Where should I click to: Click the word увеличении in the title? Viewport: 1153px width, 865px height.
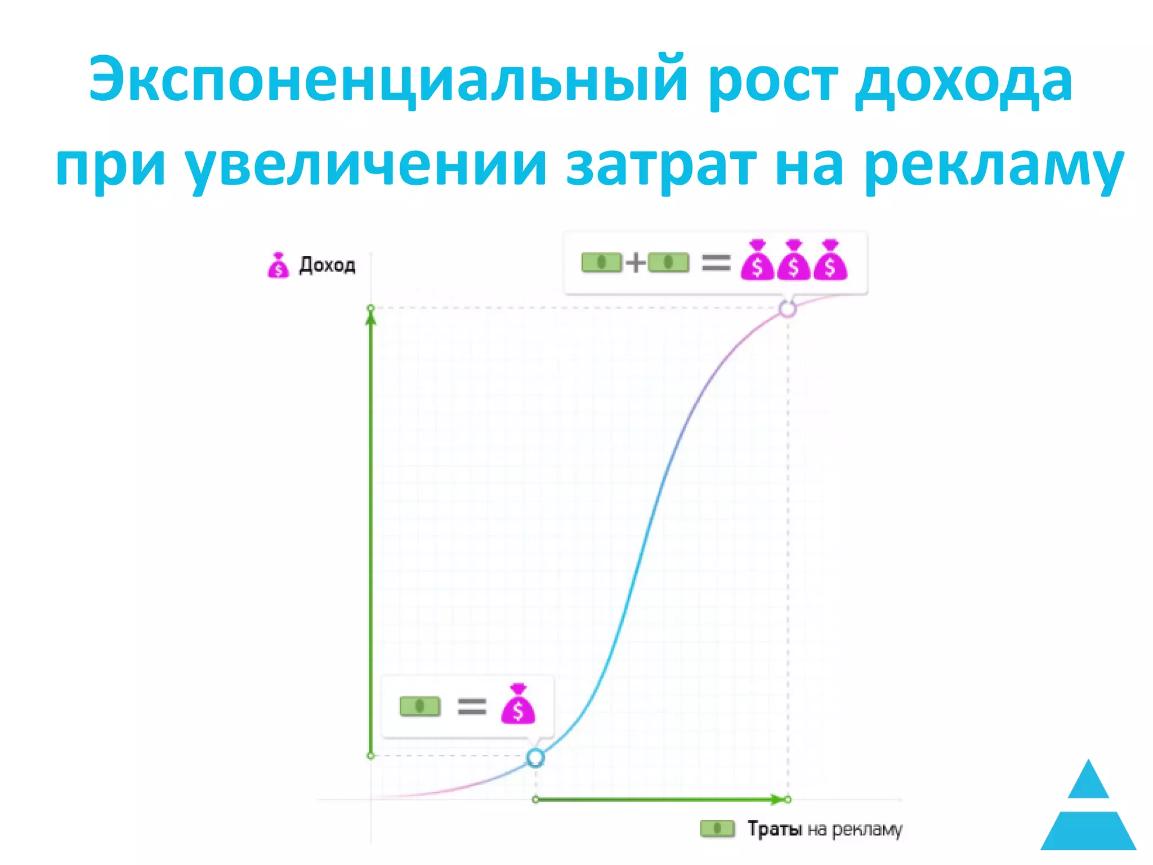pos(366,166)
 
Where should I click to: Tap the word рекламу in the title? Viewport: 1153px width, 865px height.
pos(994,166)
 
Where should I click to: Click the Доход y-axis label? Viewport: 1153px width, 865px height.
pos(327,265)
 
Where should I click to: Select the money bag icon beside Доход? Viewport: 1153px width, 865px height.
pos(278,265)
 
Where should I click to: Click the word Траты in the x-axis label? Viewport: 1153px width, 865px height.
pos(774,829)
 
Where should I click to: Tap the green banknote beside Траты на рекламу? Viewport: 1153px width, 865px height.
pos(717,828)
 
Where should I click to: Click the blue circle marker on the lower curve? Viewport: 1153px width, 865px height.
pos(535,758)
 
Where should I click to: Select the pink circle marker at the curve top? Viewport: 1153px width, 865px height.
pos(788,309)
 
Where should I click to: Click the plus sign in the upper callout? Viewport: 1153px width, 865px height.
pos(635,262)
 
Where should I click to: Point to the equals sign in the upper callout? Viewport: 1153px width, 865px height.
pos(716,262)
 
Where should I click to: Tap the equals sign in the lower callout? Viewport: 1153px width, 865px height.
pos(471,706)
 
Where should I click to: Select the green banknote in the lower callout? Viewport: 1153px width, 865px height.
pos(420,706)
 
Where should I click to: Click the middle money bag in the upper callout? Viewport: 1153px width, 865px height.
pos(793,260)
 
